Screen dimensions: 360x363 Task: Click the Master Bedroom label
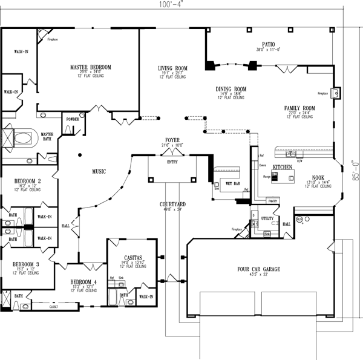click(x=90, y=67)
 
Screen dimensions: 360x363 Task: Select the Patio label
click(x=269, y=44)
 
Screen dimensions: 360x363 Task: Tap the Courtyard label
click(x=172, y=205)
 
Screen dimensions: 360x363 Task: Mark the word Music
click(x=99, y=171)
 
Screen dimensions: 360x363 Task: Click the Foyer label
click(x=172, y=140)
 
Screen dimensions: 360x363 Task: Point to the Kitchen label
click(x=283, y=166)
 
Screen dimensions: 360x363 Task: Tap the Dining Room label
click(x=231, y=89)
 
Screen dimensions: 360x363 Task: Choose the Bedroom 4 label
click(x=83, y=282)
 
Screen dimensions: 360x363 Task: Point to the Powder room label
click(x=73, y=119)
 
